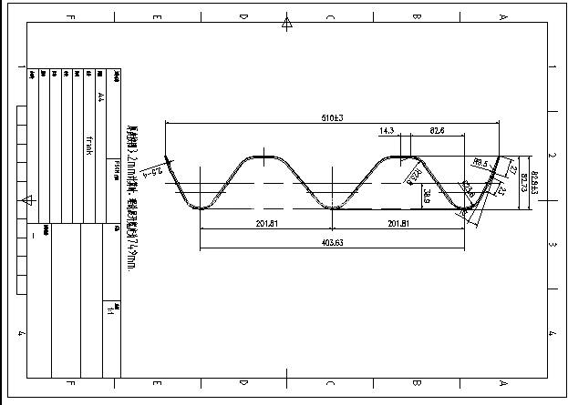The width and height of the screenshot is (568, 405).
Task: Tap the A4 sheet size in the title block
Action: coord(100,96)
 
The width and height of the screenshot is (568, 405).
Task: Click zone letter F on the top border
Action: coord(71,17)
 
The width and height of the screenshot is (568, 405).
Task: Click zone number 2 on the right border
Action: coord(553,156)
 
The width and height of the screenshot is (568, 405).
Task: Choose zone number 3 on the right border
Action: coord(553,245)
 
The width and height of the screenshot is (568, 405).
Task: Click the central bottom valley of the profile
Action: coord(332,208)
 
